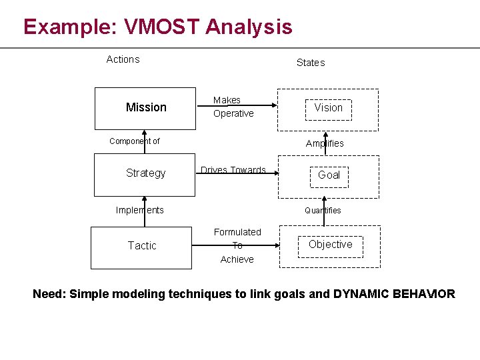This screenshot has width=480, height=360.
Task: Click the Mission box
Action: coord(145,108)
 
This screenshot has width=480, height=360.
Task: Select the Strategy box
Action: coord(145,174)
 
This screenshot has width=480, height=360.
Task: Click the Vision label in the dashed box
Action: coord(328,108)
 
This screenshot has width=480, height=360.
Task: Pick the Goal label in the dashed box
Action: coord(329,175)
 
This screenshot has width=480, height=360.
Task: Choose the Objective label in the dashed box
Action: coord(330,245)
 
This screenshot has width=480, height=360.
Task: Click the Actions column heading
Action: coord(123,59)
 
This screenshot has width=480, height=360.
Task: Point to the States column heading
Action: coord(310,63)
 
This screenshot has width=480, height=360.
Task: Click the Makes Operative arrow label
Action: coord(233,107)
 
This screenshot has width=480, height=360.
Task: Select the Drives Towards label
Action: coord(233,170)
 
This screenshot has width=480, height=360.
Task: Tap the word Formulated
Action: coord(237,232)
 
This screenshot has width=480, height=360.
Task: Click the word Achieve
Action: coord(237,259)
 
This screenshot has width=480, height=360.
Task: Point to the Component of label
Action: coord(134,141)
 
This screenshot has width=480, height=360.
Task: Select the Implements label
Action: coord(139,210)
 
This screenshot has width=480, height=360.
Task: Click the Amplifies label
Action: coord(325,143)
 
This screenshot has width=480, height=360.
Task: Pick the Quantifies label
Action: coord(323,211)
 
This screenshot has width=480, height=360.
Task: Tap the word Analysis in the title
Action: coord(249,27)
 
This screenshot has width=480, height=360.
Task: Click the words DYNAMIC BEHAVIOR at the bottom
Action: coord(394,294)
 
